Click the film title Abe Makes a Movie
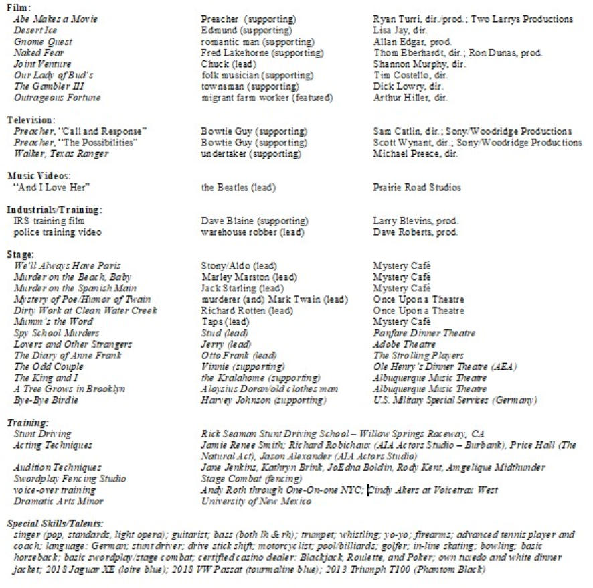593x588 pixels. [x=56, y=19]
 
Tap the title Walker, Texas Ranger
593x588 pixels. [x=61, y=154]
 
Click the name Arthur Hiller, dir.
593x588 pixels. [x=410, y=98]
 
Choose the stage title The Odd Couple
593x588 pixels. [x=49, y=367]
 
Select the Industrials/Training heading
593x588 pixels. [x=54, y=210]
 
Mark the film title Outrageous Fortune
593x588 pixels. [x=58, y=98]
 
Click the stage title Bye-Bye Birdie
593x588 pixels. [x=46, y=400]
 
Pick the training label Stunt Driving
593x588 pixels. [x=43, y=434]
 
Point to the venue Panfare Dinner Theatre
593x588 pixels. [x=424, y=333]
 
